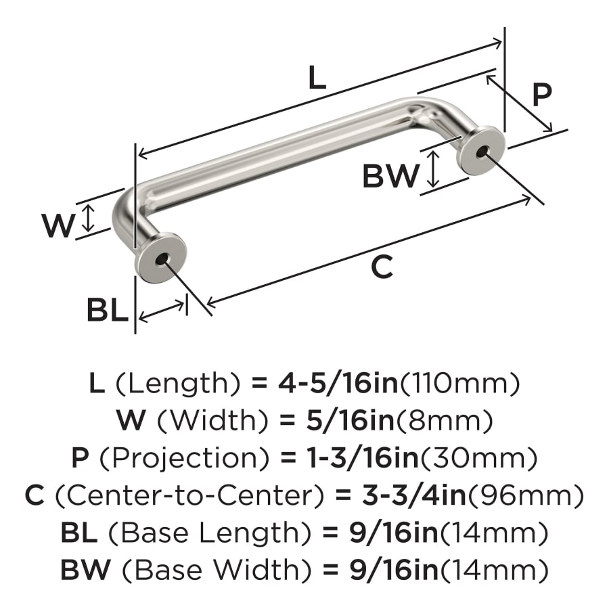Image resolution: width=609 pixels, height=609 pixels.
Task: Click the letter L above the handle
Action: click(x=317, y=78)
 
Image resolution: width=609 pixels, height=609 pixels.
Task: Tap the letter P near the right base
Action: click(x=541, y=95)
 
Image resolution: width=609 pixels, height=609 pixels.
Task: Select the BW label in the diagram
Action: click(x=390, y=177)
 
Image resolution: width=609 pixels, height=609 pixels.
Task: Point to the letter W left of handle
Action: click(x=58, y=225)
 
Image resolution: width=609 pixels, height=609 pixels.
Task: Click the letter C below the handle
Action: click(x=382, y=268)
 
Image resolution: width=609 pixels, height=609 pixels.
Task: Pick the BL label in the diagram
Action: click(x=107, y=311)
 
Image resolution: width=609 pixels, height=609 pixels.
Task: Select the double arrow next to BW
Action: click(x=434, y=169)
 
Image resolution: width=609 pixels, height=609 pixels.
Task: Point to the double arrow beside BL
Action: click(x=162, y=310)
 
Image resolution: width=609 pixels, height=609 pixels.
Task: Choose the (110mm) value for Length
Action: click(x=461, y=384)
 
